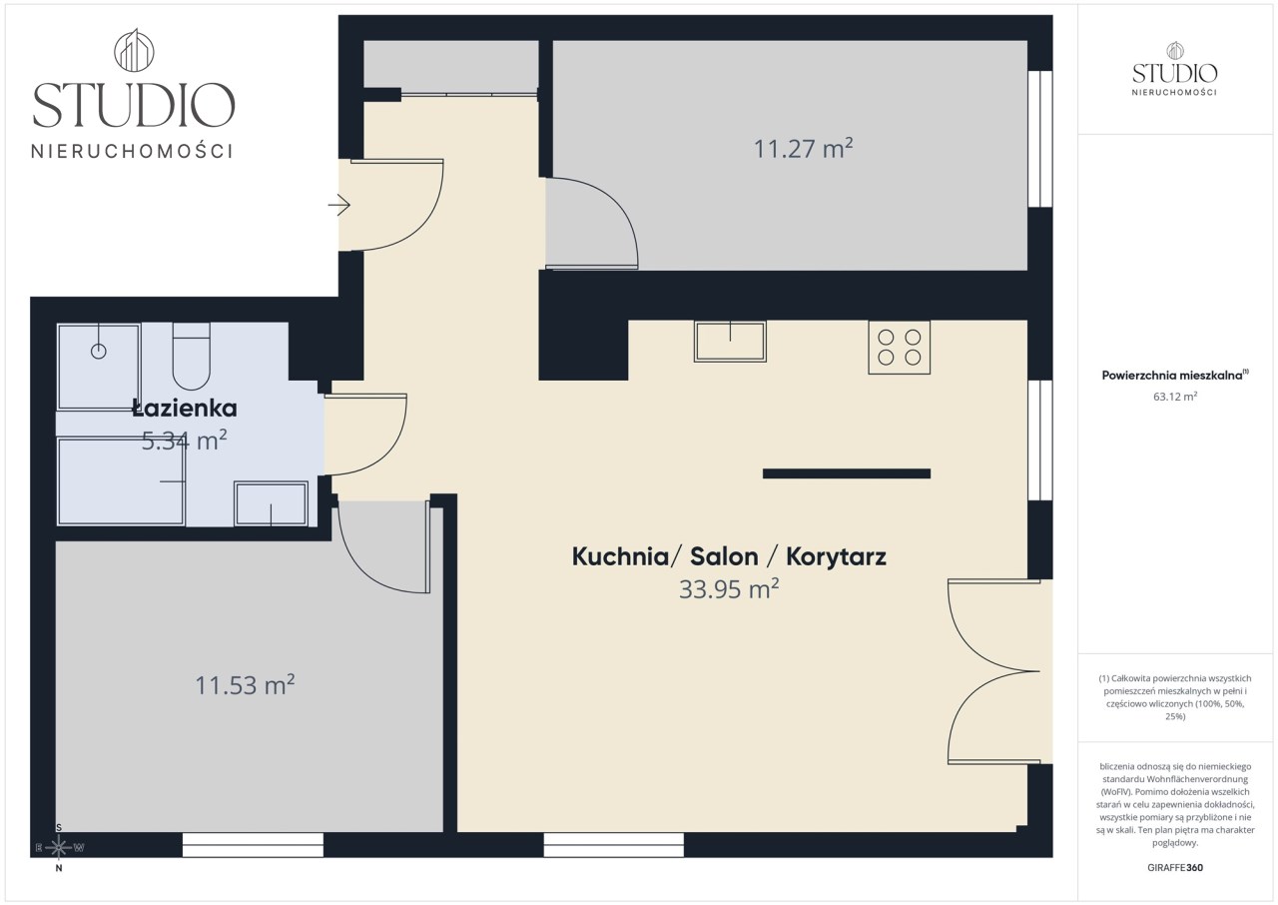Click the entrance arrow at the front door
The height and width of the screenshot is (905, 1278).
tap(338, 205)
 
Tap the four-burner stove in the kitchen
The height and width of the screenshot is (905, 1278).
tap(900, 347)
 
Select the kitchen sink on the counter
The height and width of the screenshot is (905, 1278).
tap(730, 342)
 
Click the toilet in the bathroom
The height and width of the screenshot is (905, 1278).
tap(192, 356)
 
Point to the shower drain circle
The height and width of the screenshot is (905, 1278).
tap(99, 352)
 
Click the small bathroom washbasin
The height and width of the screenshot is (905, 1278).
tap(271, 503)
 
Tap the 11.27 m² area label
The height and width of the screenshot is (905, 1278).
tap(804, 149)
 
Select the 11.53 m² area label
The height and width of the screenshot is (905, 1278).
tap(245, 685)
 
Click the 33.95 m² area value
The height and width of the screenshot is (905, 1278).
tap(729, 589)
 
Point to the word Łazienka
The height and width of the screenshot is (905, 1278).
tap(185, 408)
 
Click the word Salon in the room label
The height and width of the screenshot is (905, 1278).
tap(724, 556)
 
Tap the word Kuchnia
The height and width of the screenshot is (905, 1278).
tap(620, 556)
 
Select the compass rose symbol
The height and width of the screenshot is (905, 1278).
tap(59, 848)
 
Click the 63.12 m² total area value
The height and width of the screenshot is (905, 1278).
tap(1175, 396)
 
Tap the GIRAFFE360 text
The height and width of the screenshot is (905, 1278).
tap(1175, 867)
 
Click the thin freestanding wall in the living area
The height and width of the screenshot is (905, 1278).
tap(847, 473)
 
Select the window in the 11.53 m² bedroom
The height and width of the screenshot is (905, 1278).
tap(253, 845)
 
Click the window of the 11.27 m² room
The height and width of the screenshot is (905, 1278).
tap(1040, 139)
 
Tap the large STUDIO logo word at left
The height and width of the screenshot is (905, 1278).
tap(134, 105)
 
